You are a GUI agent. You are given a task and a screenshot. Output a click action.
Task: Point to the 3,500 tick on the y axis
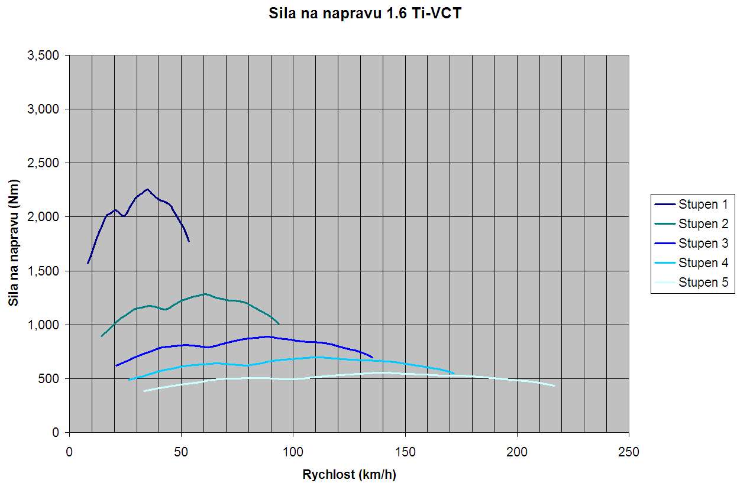[x=43, y=56]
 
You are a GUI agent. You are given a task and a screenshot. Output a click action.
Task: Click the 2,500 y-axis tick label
[x=43, y=163]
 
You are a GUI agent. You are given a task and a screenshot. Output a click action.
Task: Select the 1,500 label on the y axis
[x=43, y=271]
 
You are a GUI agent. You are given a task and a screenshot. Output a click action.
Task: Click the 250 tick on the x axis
[x=629, y=452]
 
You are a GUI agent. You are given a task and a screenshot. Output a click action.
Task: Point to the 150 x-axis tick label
[x=405, y=452]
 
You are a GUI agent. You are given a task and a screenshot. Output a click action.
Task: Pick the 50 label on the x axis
[x=181, y=452]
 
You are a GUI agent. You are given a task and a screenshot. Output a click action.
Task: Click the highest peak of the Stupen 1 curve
[x=147, y=189]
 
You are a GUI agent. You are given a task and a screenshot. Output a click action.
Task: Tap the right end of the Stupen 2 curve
[x=279, y=323]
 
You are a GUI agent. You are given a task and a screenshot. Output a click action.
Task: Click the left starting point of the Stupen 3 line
[x=116, y=366]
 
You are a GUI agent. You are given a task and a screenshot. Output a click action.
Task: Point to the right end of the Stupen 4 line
[x=454, y=373]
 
